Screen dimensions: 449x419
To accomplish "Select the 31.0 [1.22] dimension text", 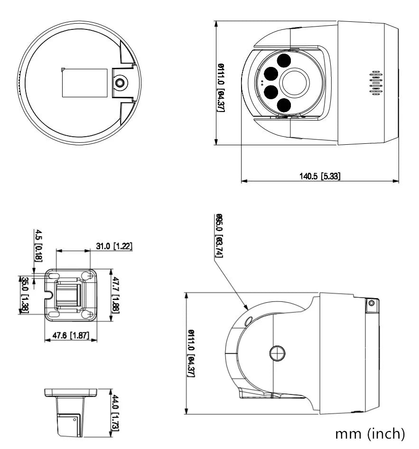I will pyautogui.click(x=113, y=246).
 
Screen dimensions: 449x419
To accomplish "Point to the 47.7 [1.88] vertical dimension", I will pyautogui.click(x=116, y=295).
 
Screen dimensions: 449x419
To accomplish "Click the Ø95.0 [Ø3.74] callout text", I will pyautogui.click(x=220, y=236).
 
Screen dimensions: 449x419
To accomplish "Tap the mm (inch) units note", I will pyautogui.click(x=370, y=434).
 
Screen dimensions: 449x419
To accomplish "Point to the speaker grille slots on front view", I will pyautogui.click(x=376, y=84).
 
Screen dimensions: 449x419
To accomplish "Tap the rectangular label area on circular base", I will pyautogui.click(x=85, y=83).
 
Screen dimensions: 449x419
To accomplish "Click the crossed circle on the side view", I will pyautogui.click(x=277, y=353).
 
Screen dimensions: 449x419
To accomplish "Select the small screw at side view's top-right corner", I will pyautogui.click(x=371, y=303).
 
